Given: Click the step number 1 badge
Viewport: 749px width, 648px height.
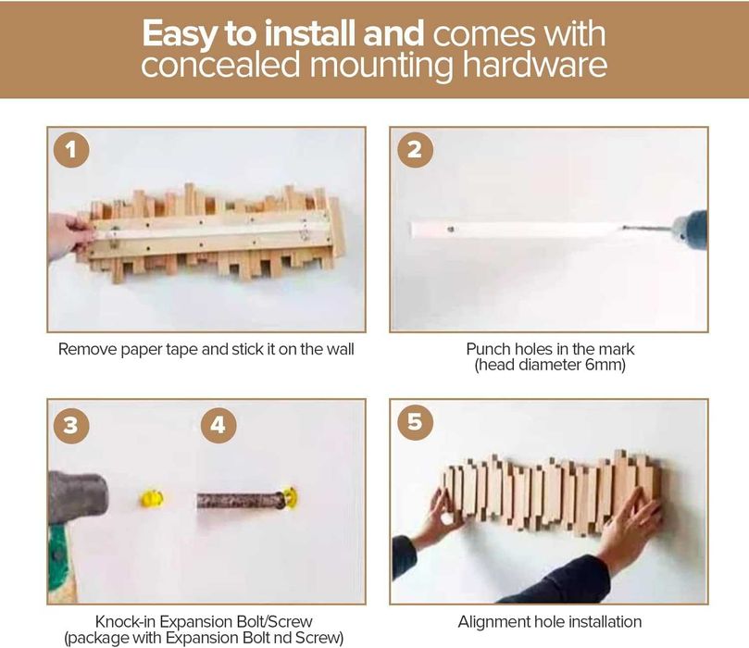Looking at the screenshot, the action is pos(71,149).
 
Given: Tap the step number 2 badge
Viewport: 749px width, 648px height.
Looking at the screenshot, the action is pos(415,149).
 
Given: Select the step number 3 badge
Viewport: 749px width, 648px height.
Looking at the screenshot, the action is pos(71,425).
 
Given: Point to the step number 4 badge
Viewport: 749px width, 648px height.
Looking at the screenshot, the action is pos(218,425).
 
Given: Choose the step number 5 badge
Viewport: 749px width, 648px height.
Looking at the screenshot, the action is pos(415,422).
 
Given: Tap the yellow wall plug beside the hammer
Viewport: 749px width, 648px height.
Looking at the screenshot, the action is pos(152,499).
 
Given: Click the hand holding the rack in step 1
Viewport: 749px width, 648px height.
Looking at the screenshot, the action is pos(69,237).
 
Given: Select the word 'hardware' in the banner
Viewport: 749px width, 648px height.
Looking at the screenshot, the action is pos(535,65).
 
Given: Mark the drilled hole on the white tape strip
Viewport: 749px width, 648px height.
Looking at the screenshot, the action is pos(451,230).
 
